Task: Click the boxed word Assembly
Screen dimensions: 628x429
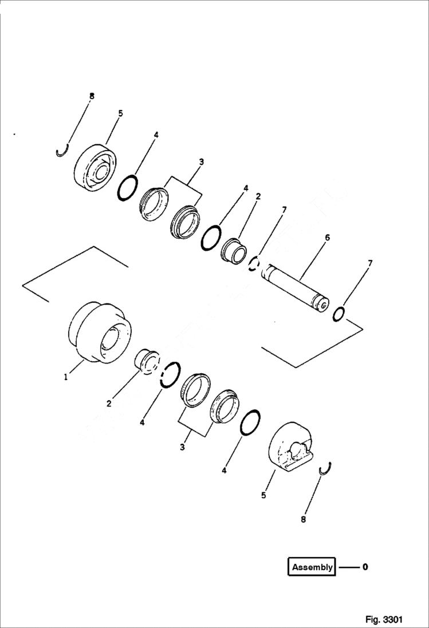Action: [312, 567]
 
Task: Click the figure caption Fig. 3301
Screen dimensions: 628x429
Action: [384, 619]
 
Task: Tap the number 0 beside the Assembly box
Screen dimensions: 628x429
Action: [365, 567]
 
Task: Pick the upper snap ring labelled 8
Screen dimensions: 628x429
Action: [63, 151]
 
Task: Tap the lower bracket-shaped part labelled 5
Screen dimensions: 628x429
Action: [292, 448]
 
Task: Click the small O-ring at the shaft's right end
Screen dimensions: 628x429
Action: [339, 314]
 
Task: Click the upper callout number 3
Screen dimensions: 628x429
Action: [201, 162]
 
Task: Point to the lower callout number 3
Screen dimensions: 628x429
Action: [183, 447]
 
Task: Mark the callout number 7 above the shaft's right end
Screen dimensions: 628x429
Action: [370, 263]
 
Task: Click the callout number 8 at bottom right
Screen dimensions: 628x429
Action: [303, 519]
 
